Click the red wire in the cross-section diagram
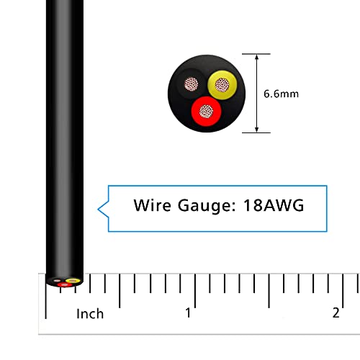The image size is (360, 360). tap(205, 112)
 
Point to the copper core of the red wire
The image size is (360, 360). tap(206, 112)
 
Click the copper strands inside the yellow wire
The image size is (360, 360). tap(221, 86)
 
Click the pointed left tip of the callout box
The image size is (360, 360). tap(99, 209)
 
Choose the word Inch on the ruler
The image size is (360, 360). tap(90, 313)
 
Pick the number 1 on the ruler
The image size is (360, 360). tap(188, 313)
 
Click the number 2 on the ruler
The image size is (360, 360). tap(336, 313)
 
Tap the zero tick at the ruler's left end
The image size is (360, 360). tap(46, 295)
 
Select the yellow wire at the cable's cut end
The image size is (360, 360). tap(72, 279)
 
